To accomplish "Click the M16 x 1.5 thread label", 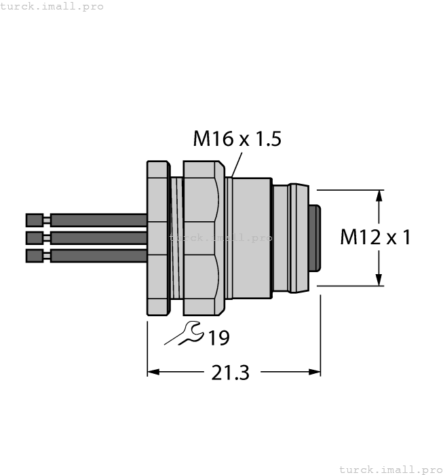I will pyautogui.click(x=237, y=139).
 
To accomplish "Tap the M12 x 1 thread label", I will pyautogui.click(x=375, y=237).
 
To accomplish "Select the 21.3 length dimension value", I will pyautogui.click(x=230, y=373).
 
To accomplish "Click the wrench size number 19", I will pyautogui.click(x=218, y=337).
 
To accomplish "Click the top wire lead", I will pyautogui.click(x=98, y=220).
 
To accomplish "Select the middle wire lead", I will pyautogui.click(x=98, y=237).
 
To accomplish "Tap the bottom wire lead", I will pyautogui.click(x=98, y=255).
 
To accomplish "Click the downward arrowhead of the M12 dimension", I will pyautogui.click(x=379, y=279).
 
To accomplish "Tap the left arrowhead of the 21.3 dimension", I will pyautogui.click(x=154, y=372).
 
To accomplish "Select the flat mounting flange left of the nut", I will pyautogui.click(x=158, y=237).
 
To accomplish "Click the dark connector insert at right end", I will pyautogui.click(x=314, y=237).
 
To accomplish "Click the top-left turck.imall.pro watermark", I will pyautogui.click(x=52, y=6).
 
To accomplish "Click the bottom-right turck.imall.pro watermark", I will pyautogui.click(x=389, y=469).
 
